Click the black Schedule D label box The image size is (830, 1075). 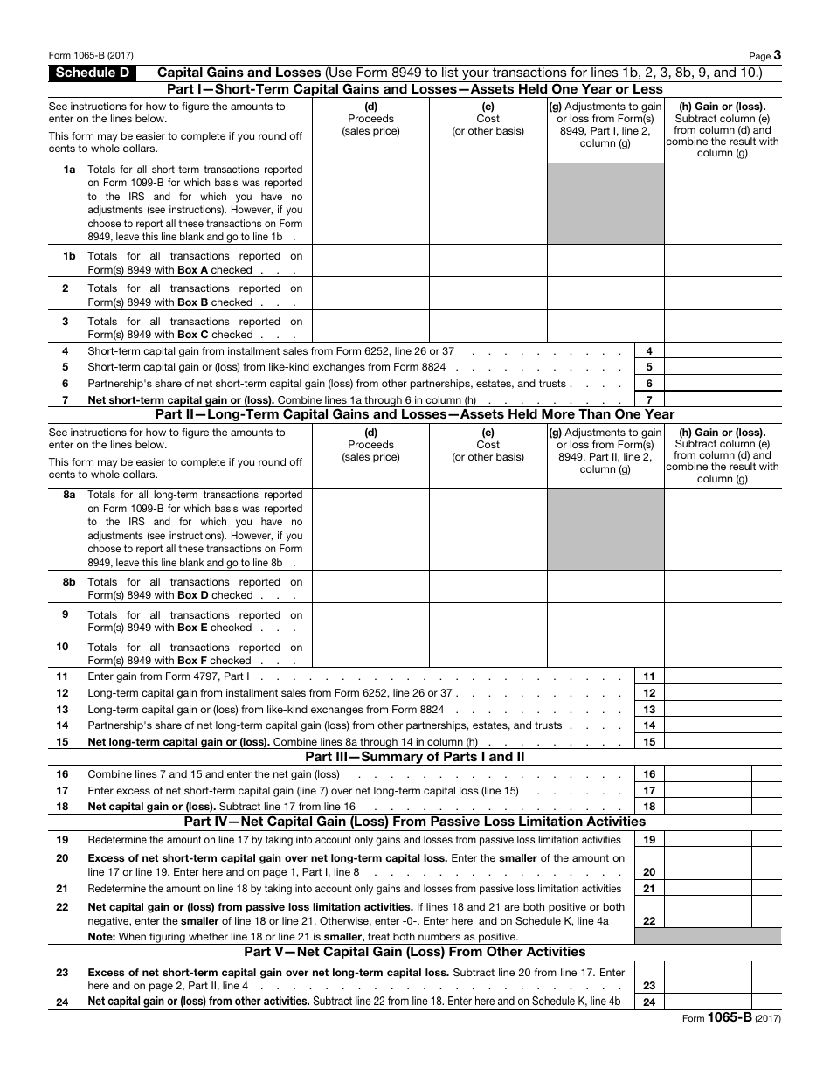(x=92, y=73)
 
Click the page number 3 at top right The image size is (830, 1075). (x=777, y=54)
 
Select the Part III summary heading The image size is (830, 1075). (x=414, y=757)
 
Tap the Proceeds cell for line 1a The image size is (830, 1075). (x=370, y=204)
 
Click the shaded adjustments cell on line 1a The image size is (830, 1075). (x=605, y=204)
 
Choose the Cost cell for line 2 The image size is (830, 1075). (x=488, y=295)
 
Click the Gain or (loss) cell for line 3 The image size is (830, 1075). (x=723, y=327)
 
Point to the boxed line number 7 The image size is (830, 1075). (x=649, y=399)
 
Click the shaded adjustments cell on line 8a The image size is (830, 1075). (x=605, y=529)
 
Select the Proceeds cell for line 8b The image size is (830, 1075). (x=370, y=587)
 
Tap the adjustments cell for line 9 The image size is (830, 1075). (x=605, y=621)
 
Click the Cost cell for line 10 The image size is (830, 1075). (x=488, y=653)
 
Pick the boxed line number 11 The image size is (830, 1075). (x=649, y=676)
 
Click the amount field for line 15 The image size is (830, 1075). (x=723, y=741)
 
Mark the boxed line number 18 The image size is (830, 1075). (x=649, y=807)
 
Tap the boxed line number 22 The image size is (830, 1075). (x=649, y=920)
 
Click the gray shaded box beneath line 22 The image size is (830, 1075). (x=708, y=936)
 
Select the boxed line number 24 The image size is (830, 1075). (x=649, y=1002)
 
